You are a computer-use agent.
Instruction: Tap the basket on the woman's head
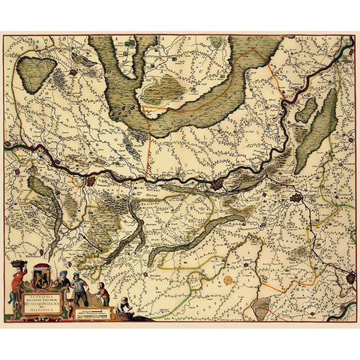pyautogui.click(x=17, y=263)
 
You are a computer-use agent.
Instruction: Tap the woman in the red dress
pyautogui.click(x=17, y=285)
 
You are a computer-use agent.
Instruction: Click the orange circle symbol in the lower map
pyautogui.click(x=228, y=279)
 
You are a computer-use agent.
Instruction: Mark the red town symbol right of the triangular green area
pyautogui.click(x=73, y=73)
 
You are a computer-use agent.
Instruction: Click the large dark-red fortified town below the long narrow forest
pyautogui.click(x=298, y=199)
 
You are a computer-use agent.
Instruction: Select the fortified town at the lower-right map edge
pyautogui.click(x=349, y=277)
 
